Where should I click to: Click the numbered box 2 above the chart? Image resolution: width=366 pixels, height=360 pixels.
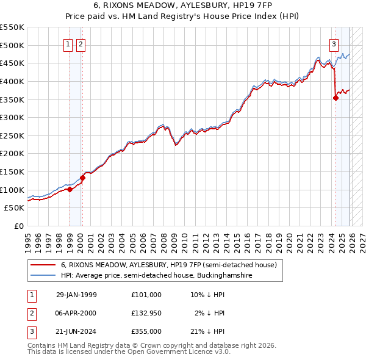pos(81,44)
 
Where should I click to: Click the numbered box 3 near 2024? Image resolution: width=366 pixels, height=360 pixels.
pos(334,44)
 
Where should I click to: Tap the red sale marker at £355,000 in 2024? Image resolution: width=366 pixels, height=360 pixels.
pos(335,98)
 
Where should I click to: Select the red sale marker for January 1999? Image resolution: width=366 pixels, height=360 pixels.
pos(70,189)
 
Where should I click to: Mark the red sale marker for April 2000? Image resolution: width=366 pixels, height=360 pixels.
pos(82,178)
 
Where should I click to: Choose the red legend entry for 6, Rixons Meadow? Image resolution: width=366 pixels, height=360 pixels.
pos(169,265)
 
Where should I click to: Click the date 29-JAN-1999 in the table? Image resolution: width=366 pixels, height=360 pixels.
pos(76,294)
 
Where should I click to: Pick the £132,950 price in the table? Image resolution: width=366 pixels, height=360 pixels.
pos(146,313)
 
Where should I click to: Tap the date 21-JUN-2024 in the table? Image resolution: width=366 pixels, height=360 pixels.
pos(76,332)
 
